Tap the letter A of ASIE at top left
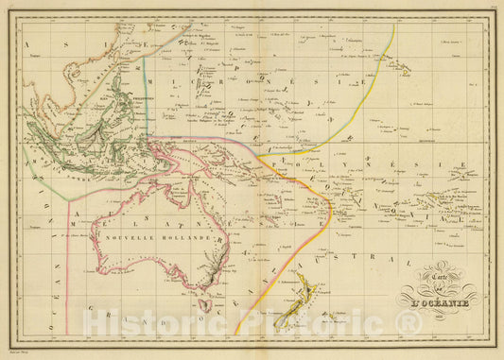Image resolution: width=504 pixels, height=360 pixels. point(29,44)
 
